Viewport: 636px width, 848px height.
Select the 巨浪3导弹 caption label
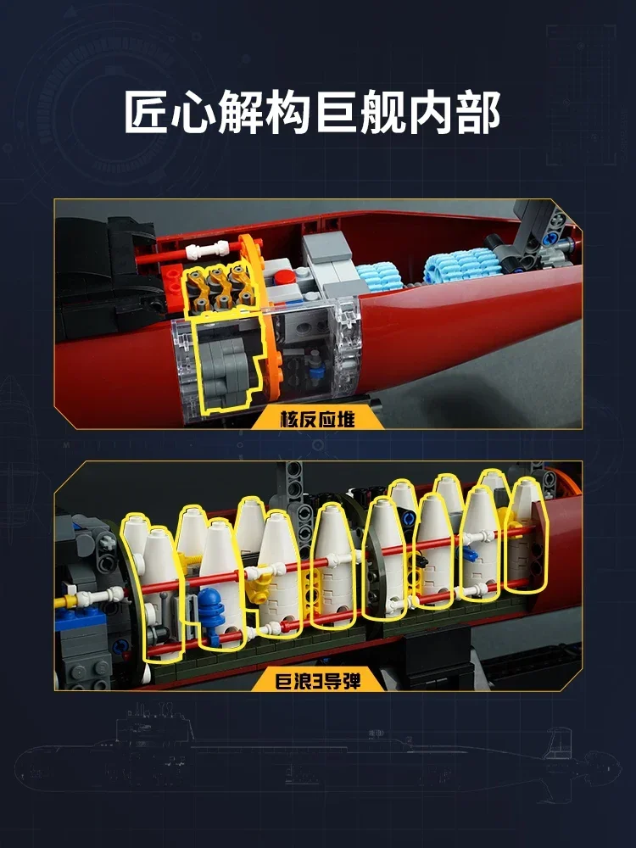click(317, 679)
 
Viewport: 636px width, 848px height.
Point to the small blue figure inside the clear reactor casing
click(316, 367)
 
